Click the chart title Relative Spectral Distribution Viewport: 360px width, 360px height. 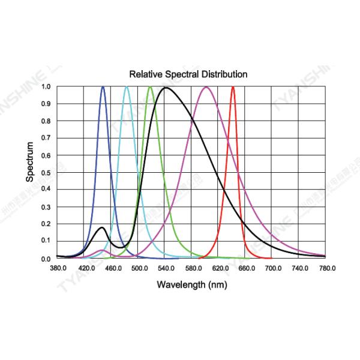(188, 74)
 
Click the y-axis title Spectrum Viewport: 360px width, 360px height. (30, 162)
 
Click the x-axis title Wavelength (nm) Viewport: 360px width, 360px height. (191, 284)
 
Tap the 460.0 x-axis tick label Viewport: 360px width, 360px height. (110, 269)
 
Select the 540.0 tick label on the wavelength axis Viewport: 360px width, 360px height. (164, 269)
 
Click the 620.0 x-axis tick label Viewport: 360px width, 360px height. (218, 269)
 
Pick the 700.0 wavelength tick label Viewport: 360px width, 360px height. (272, 269)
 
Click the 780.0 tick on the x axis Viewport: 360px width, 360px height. (326, 269)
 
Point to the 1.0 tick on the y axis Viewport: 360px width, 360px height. (46, 86)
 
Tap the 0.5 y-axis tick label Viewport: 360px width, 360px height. (46, 173)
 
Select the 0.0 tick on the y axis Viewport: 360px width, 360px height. (46, 259)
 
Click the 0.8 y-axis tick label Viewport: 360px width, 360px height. (46, 121)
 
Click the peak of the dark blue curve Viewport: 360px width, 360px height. (103, 87)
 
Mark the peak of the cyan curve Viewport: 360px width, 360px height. (127, 87)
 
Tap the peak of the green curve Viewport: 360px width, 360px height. (150, 87)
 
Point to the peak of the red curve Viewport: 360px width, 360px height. (233, 87)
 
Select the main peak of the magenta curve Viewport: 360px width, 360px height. (206, 87)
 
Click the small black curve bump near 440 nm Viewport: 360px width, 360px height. (102, 227)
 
